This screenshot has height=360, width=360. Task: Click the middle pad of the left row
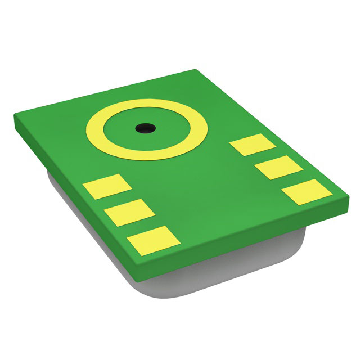click(x=129, y=211)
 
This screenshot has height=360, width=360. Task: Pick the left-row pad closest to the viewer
click(x=154, y=239)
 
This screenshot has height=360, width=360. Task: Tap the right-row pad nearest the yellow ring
click(x=253, y=145)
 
